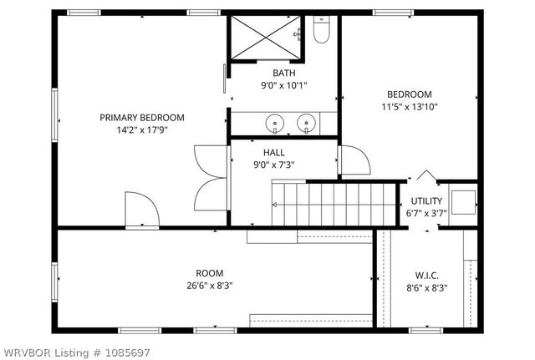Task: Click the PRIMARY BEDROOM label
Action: [142, 118]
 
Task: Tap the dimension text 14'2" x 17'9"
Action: [142, 130]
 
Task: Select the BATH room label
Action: [283, 73]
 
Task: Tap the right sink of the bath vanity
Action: [306, 124]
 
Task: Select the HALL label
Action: [273, 153]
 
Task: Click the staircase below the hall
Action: [334, 203]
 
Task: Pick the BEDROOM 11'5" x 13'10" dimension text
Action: [409, 106]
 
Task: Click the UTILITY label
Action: [426, 201]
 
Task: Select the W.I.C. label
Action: [427, 276]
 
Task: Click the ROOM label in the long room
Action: [209, 273]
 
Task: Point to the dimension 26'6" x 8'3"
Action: [209, 286]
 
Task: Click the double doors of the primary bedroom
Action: [206, 180]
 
